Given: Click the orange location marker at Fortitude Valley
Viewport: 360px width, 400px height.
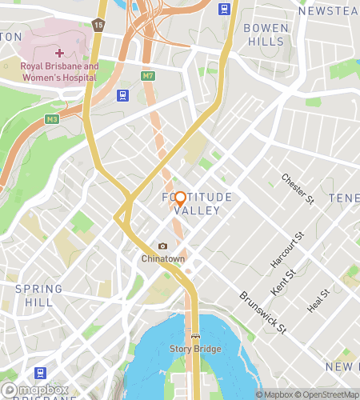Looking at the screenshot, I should pyautogui.click(x=180, y=198).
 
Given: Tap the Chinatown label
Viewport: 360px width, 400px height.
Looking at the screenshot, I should pyautogui.click(x=163, y=259).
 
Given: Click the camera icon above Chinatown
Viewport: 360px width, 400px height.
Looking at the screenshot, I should pyautogui.click(x=163, y=246).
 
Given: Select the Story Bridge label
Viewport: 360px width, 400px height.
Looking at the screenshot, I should pyautogui.click(x=195, y=349).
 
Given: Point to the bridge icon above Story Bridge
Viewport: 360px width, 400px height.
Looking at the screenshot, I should pyautogui.click(x=195, y=336).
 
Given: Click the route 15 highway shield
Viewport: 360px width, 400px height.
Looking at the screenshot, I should pyautogui.click(x=98, y=25).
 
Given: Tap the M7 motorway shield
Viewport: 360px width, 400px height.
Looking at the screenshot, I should pyautogui.click(x=147, y=76).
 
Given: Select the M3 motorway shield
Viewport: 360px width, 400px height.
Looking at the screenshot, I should pyautogui.click(x=52, y=119).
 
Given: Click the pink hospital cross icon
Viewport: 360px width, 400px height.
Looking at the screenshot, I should pyautogui.click(x=59, y=53).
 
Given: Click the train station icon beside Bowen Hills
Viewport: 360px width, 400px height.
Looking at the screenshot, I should pyautogui.click(x=225, y=10).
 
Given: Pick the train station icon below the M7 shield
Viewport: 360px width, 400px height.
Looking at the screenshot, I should pyautogui.click(x=122, y=96).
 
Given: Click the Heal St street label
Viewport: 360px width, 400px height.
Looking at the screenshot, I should pyautogui.click(x=318, y=302).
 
